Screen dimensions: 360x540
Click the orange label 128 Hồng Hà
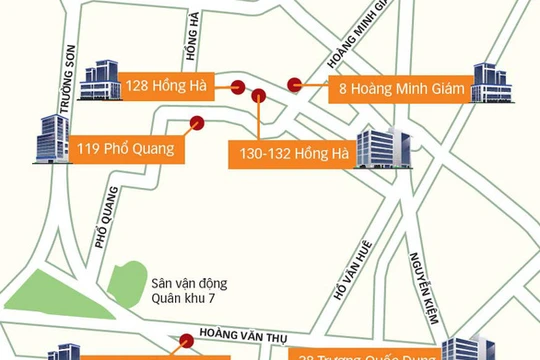click(166, 86)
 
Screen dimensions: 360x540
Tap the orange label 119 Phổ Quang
click(125, 150)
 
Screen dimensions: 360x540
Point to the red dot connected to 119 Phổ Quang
click(197, 124)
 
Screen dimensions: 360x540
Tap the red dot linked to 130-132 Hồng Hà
click(259, 97)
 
